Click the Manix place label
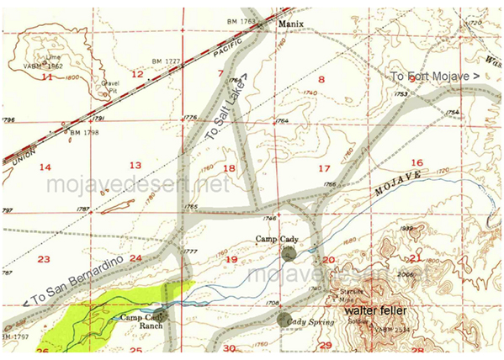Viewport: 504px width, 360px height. (293, 26)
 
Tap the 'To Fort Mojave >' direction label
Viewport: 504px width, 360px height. (435, 77)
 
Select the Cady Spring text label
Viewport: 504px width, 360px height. (307, 322)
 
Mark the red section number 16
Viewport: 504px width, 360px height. (415, 162)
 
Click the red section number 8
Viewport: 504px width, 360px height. (321, 81)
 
